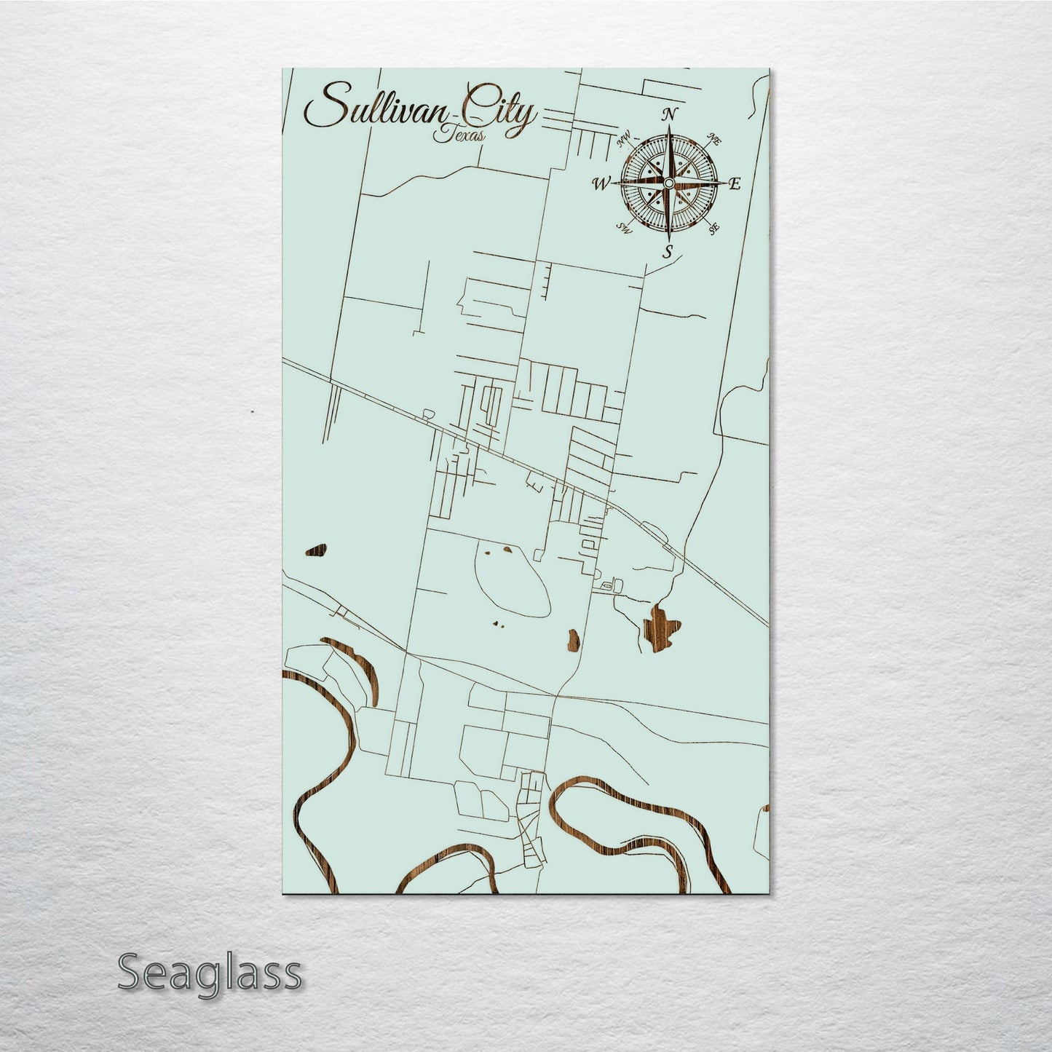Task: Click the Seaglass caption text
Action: click(209, 973)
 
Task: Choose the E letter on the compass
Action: click(735, 183)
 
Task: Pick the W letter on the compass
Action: click(601, 183)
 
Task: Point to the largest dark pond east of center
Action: click(661, 625)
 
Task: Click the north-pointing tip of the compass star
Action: click(669, 128)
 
